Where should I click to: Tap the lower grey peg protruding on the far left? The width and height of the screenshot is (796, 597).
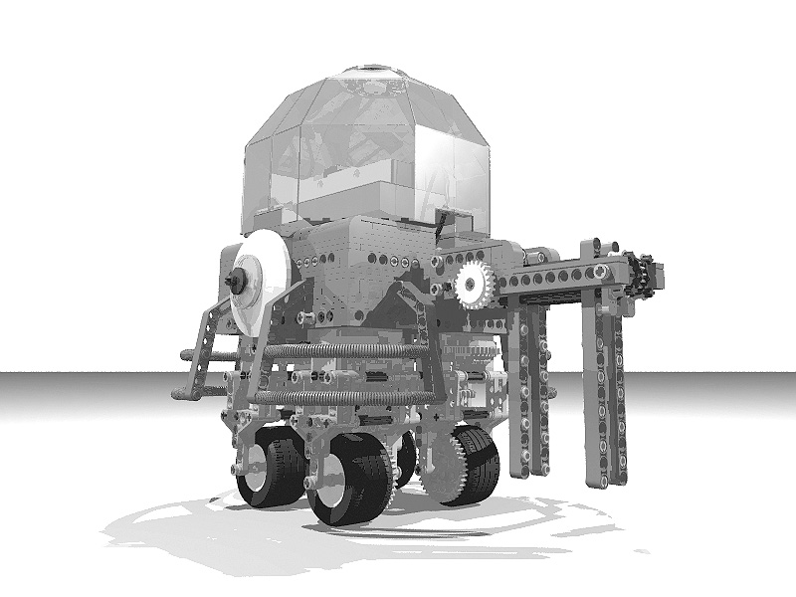coord(184,394)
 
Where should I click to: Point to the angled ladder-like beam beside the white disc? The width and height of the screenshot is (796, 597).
coord(214,338)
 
